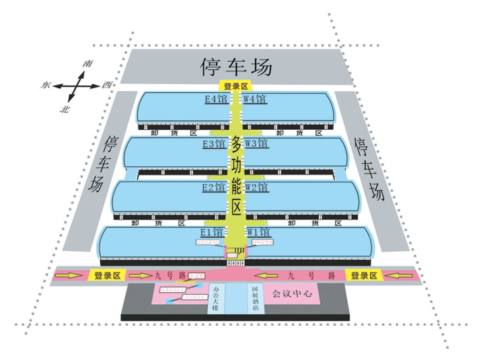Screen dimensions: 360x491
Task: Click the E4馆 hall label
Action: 216,99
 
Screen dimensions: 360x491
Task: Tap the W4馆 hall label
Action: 255,99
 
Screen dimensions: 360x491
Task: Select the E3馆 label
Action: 214,143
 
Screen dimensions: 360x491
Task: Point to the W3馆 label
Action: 257,143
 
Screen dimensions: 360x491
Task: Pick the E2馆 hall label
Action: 214,187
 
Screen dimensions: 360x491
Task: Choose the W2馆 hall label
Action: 258,187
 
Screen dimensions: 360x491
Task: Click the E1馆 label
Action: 215,232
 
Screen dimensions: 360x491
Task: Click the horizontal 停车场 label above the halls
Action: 237,67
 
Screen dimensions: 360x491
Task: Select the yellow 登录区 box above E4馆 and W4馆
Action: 236,86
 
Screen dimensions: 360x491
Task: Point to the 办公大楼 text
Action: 216,298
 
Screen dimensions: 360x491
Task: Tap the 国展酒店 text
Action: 255,298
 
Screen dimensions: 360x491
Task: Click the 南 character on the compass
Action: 87,63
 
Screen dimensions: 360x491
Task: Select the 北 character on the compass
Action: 65,108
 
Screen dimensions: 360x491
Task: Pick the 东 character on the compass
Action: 46,85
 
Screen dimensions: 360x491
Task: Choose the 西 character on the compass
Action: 106,85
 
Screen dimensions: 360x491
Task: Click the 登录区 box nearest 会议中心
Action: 363,275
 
